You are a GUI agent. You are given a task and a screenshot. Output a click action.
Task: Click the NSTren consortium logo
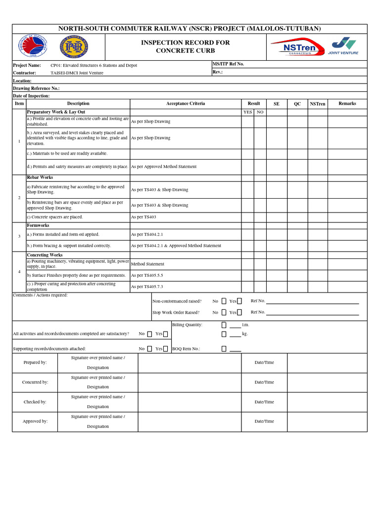[296, 47]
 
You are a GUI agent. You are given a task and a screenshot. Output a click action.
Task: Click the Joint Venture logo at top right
[343, 46]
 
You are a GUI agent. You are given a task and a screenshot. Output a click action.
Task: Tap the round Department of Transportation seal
[32, 47]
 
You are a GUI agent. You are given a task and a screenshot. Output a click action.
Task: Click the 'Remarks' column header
[347, 104]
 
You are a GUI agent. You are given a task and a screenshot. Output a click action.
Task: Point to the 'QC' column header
[297, 104]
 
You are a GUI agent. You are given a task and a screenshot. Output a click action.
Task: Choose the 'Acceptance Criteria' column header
[186, 104]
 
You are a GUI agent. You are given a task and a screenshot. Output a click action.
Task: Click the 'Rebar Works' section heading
[40, 177]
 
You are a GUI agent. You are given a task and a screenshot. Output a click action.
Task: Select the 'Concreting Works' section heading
[45, 255]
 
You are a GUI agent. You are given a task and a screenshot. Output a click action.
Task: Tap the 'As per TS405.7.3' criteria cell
[147, 287]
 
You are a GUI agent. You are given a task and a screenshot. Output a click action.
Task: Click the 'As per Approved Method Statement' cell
[163, 167]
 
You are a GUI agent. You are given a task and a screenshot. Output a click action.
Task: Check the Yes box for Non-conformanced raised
[239, 301]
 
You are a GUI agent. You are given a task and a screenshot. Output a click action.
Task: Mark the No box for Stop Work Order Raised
[224, 312]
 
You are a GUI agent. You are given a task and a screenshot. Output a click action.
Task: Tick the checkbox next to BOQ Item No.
[224, 349]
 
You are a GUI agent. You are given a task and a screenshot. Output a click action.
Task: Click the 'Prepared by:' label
[35, 363]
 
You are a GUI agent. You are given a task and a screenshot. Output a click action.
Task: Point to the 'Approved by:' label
[35, 422]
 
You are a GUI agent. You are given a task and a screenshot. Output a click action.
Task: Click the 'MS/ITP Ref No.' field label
[228, 64]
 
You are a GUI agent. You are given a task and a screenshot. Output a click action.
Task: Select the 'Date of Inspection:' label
[31, 96]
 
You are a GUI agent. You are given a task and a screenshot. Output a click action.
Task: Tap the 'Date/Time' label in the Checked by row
[264, 402]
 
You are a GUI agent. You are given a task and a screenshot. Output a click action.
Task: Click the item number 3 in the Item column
[19, 237]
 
